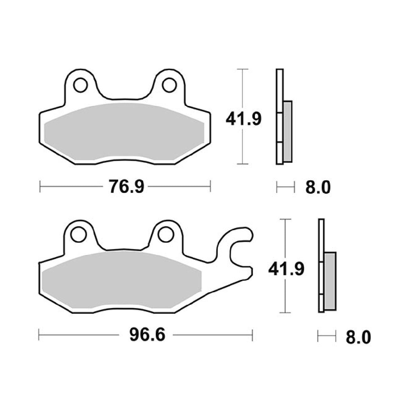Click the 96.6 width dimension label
[146, 335]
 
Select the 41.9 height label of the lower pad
[286, 269]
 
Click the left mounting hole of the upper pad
[80, 85]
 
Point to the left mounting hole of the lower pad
[78, 234]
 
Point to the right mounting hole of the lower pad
[165, 234]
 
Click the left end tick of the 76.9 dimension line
[40, 186]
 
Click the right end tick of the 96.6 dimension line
[252, 335]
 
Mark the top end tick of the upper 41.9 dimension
[243, 69]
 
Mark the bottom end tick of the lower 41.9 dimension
[286, 313]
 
